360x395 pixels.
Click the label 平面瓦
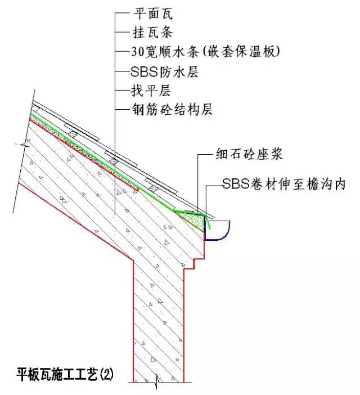[153, 14]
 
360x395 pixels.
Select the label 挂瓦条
[152, 33]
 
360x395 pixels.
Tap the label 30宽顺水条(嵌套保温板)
[205, 52]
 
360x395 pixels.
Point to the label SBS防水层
[165, 72]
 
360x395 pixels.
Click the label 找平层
[151, 91]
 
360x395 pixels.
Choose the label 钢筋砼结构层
[173, 110]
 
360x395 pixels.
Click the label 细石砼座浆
[249, 154]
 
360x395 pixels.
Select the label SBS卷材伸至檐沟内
[283, 184]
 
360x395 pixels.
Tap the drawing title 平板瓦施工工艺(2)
[65, 375]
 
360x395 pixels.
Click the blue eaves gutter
[217, 230]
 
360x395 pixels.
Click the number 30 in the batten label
[138, 52]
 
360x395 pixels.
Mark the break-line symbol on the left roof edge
[22, 145]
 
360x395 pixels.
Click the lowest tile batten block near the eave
[153, 188]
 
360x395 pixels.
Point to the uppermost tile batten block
[35, 108]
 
